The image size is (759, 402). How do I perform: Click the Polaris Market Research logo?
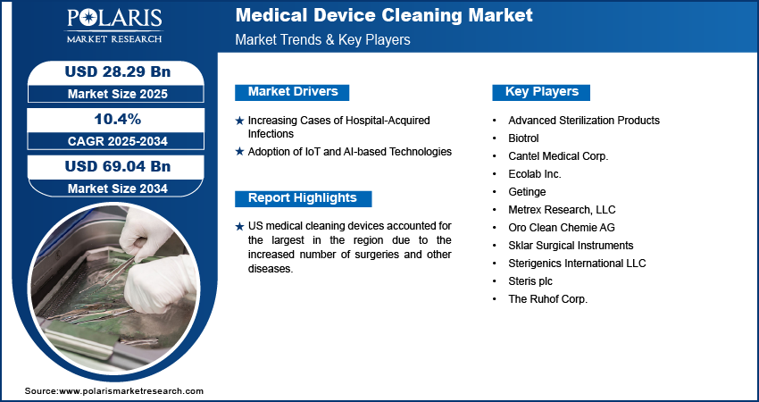click(x=114, y=26)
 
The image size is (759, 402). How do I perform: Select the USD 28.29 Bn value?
click(x=118, y=71)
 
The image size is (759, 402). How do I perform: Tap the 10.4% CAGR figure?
click(x=118, y=119)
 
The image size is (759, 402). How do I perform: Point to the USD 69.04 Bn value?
click(x=118, y=166)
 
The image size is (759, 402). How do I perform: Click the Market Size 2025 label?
click(x=118, y=94)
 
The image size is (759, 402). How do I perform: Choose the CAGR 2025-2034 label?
click(x=118, y=141)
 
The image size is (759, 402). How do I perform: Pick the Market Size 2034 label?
click(x=118, y=188)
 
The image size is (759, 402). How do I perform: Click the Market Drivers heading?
click(x=293, y=91)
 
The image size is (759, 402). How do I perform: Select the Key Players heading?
click(x=542, y=91)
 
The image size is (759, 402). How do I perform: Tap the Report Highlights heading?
click(x=303, y=197)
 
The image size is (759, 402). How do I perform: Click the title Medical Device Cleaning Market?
click(x=384, y=15)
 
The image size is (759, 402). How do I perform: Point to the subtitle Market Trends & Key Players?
click(x=323, y=39)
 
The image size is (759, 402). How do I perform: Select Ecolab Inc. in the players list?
click(x=535, y=174)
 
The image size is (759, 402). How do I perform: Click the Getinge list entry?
click(x=527, y=192)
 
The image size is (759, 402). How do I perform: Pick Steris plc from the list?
click(x=530, y=281)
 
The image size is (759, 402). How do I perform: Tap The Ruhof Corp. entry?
click(x=547, y=299)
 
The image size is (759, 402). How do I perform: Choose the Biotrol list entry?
click(x=523, y=138)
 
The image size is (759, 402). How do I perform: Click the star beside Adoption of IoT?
click(x=239, y=152)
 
